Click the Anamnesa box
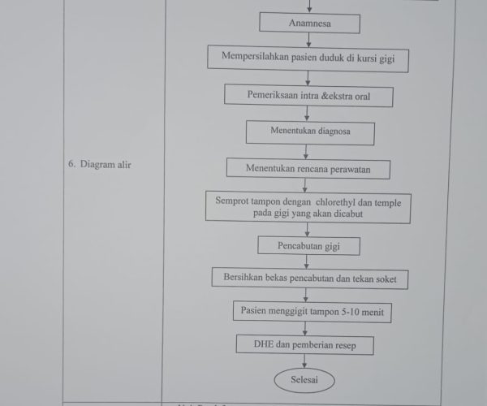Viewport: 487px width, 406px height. (x=310, y=23)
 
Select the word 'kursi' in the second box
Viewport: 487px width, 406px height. (x=366, y=58)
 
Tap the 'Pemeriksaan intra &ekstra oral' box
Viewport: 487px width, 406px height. (x=308, y=96)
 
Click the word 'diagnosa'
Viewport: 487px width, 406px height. (x=334, y=131)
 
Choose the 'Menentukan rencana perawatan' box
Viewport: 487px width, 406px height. (x=308, y=169)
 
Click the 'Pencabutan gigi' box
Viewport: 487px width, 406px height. (x=308, y=246)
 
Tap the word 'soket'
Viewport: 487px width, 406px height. (x=386, y=279)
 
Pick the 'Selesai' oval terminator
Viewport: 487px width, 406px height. (x=304, y=380)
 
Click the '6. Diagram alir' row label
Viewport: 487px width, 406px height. (x=100, y=164)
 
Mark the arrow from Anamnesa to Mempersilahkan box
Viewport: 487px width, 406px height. (x=308, y=40)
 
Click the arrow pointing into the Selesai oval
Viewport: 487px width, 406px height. (x=304, y=361)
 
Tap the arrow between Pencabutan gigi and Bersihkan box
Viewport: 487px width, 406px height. (x=307, y=261)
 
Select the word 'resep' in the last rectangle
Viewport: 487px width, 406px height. (x=346, y=345)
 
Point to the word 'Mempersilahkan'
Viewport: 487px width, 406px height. (x=255, y=56)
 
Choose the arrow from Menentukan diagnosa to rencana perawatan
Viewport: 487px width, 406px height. (x=306, y=152)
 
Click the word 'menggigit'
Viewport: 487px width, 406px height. (x=287, y=311)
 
